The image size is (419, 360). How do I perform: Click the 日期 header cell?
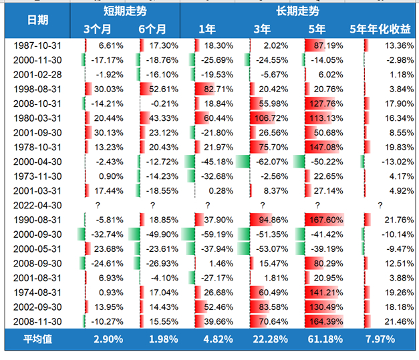(37, 19)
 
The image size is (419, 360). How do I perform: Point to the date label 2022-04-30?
(37, 205)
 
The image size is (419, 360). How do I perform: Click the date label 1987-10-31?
(37, 45)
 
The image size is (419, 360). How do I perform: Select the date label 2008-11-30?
(37, 321)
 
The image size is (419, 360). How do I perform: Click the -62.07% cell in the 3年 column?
(272, 161)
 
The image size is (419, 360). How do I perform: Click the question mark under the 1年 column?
(207, 205)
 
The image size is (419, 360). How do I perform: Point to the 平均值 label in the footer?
(37, 339)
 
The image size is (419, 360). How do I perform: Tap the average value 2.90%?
(109, 339)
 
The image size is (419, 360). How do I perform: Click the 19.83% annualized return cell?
(397, 147)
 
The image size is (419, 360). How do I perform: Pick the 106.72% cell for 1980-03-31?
(272, 118)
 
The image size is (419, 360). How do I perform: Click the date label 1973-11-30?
(37, 176)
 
